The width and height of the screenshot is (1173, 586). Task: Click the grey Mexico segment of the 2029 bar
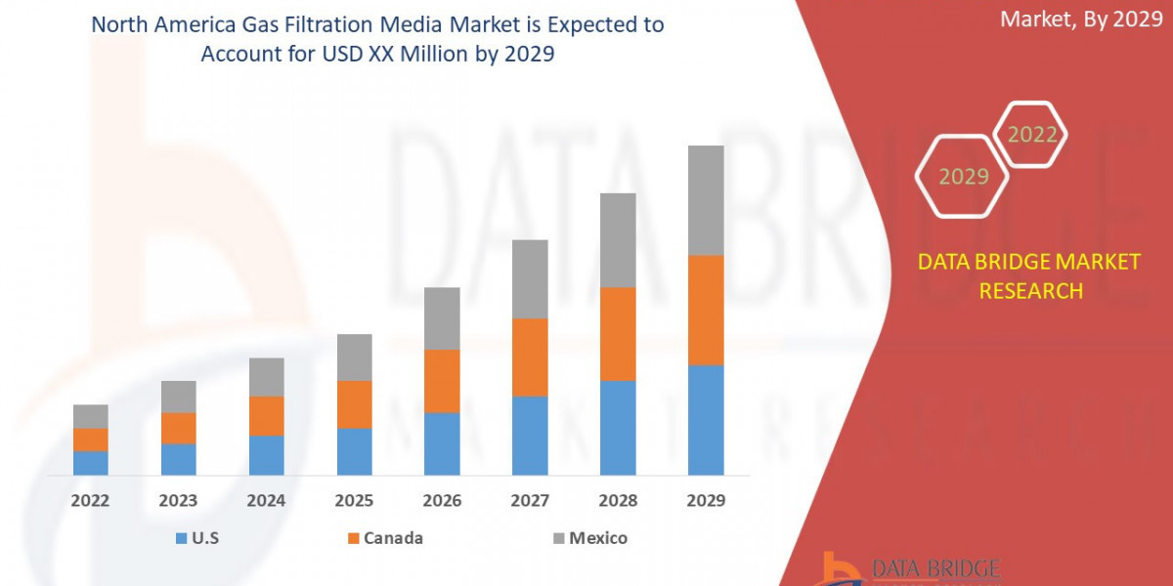coord(706,200)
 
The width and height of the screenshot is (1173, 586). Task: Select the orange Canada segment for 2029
coord(706,310)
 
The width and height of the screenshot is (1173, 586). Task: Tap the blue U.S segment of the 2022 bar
coord(90,463)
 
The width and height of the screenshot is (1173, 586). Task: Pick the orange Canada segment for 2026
coord(442,381)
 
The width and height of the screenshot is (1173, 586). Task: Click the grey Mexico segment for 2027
coord(530,278)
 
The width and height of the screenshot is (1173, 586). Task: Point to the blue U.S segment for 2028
coord(618,427)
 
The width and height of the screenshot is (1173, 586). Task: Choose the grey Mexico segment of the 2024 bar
coord(266,376)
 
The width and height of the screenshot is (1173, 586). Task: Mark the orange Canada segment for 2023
coord(178,428)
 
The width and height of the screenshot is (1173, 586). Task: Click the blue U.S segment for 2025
coord(354,451)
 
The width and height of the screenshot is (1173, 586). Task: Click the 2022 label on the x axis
coord(90,501)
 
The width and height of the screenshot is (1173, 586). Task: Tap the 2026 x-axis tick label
coord(442,501)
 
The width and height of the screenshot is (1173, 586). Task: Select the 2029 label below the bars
coord(706,501)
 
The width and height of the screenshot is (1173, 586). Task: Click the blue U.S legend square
coord(181,538)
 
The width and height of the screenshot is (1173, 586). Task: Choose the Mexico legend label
coord(598,538)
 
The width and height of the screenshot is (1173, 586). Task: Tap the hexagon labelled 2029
coord(962,177)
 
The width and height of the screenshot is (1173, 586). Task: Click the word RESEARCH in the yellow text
coord(1030,291)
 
